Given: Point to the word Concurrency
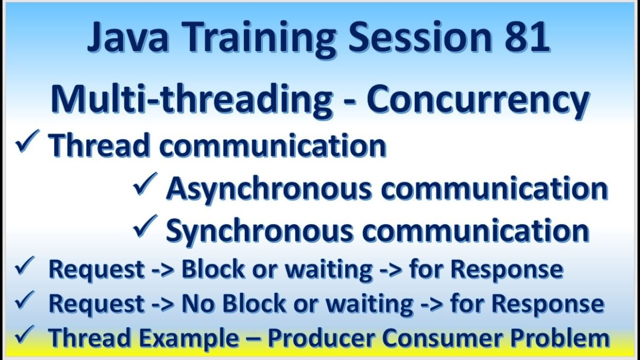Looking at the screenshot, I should [477, 100].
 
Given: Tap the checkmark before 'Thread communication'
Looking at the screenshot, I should [26, 143].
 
